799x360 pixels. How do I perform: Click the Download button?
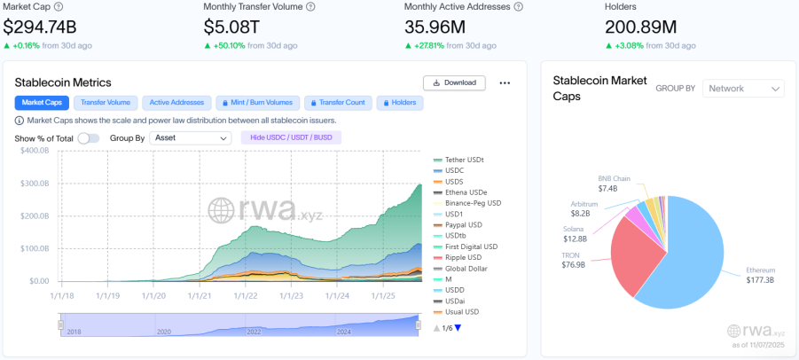[x=454, y=82]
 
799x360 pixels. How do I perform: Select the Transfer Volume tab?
[x=105, y=103]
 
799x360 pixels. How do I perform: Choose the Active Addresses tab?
[x=176, y=103]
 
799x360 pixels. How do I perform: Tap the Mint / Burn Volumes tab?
[x=255, y=103]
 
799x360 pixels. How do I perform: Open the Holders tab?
[x=399, y=103]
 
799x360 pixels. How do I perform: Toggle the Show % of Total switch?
[x=89, y=138]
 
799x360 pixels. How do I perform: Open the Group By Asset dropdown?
[x=190, y=138]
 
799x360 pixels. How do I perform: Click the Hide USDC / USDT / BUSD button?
[x=291, y=138]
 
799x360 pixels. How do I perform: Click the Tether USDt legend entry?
[x=464, y=160]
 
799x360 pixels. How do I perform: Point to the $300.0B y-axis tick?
[x=34, y=184]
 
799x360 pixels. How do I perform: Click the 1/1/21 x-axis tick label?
[x=199, y=296]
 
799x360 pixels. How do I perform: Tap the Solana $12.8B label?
[x=574, y=234]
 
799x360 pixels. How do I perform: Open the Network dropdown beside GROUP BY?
[x=743, y=89]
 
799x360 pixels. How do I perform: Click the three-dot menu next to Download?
[x=505, y=82]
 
